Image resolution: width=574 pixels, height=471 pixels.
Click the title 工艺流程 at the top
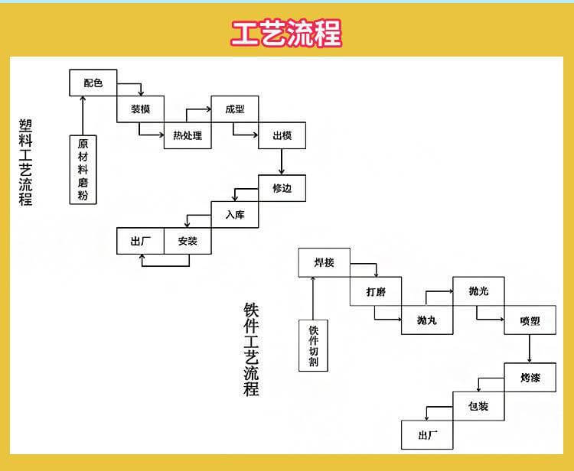pyautogui.click(x=287, y=33)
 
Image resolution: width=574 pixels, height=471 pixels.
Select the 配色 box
pyautogui.click(x=93, y=83)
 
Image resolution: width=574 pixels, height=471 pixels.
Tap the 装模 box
pyautogui.click(x=141, y=109)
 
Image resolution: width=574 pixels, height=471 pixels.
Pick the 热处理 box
pyautogui.click(x=188, y=135)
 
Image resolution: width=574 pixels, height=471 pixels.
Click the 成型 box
pyautogui.click(x=235, y=109)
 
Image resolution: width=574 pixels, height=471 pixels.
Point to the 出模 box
pyautogui.click(x=282, y=135)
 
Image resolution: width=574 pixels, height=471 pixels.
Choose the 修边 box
pyautogui.click(x=282, y=188)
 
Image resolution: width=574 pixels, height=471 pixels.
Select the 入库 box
pyautogui.click(x=235, y=215)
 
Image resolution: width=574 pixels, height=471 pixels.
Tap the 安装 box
pyautogui.click(x=188, y=241)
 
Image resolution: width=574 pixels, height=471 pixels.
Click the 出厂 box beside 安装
pyautogui.click(x=141, y=241)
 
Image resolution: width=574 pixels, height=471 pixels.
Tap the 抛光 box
pyautogui.click(x=478, y=291)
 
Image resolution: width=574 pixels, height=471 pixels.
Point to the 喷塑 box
pyautogui.click(x=529, y=320)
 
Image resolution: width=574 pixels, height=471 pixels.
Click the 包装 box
pyautogui.click(x=478, y=406)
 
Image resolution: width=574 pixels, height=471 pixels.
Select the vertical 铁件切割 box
pyautogui.click(x=313, y=345)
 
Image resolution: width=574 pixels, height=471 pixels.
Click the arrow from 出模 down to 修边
pyautogui.click(x=282, y=161)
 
